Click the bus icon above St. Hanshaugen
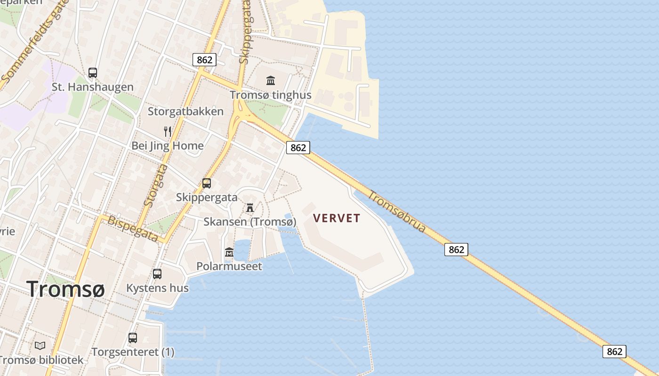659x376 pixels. tap(93, 73)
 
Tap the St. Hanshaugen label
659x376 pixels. tap(92, 87)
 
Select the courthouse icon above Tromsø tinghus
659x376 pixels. tap(271, 81)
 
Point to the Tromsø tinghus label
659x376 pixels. tap(271, 95)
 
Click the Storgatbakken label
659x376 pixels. tap(185, 111)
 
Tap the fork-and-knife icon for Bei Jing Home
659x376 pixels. tap(168, 131)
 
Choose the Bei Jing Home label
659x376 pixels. tap(168, 146)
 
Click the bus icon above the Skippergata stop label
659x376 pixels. tap(207, 183)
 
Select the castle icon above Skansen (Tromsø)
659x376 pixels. tap(250, 208)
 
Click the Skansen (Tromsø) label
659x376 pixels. tap(250, 222)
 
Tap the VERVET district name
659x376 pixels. tap(337, 218)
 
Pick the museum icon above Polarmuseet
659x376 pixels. tap(229, 252)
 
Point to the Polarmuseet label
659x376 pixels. tap(229, 266)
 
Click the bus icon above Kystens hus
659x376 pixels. tap(157, 274)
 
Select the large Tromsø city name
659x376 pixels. tap(65, 288)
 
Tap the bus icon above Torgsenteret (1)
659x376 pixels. tap(133, 337)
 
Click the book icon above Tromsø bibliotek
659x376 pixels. tap(40, 346)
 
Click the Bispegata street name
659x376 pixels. tap(133, 229)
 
